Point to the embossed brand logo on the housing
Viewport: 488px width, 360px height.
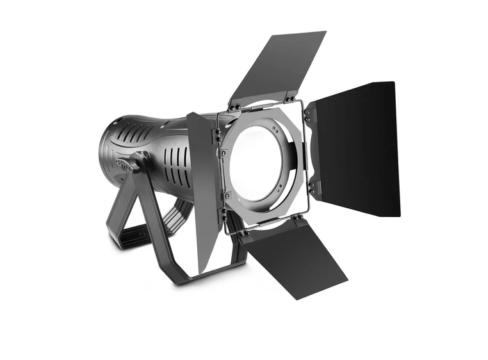pyautogui.click(x=127, y=166)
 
